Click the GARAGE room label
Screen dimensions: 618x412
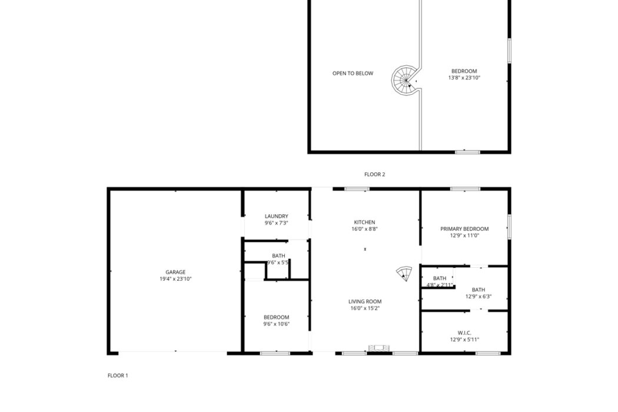point(175,272)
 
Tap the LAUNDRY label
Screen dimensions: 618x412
point(276,216)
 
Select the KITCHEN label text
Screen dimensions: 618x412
point(364,222)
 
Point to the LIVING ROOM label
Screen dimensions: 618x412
point(365,301)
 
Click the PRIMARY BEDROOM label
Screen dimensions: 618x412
point(464,229)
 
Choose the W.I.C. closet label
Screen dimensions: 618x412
point(465,333)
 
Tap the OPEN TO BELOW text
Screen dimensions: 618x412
point(353,74)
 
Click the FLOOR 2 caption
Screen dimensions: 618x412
point(374,174)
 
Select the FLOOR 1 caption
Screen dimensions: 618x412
point(118,376)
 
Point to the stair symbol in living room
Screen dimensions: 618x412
point(404,273)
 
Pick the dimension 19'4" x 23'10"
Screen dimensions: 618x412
point(175,279)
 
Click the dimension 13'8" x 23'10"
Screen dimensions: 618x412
point(464,78)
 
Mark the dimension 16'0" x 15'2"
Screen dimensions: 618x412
point(365,308)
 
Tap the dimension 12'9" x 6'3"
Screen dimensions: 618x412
point(479,297)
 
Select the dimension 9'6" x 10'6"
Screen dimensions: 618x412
point(276,324)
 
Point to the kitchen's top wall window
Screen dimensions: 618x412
point(357,189)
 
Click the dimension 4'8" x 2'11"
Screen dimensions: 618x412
point(440,285)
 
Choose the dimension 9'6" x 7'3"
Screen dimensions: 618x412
point(276,222)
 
